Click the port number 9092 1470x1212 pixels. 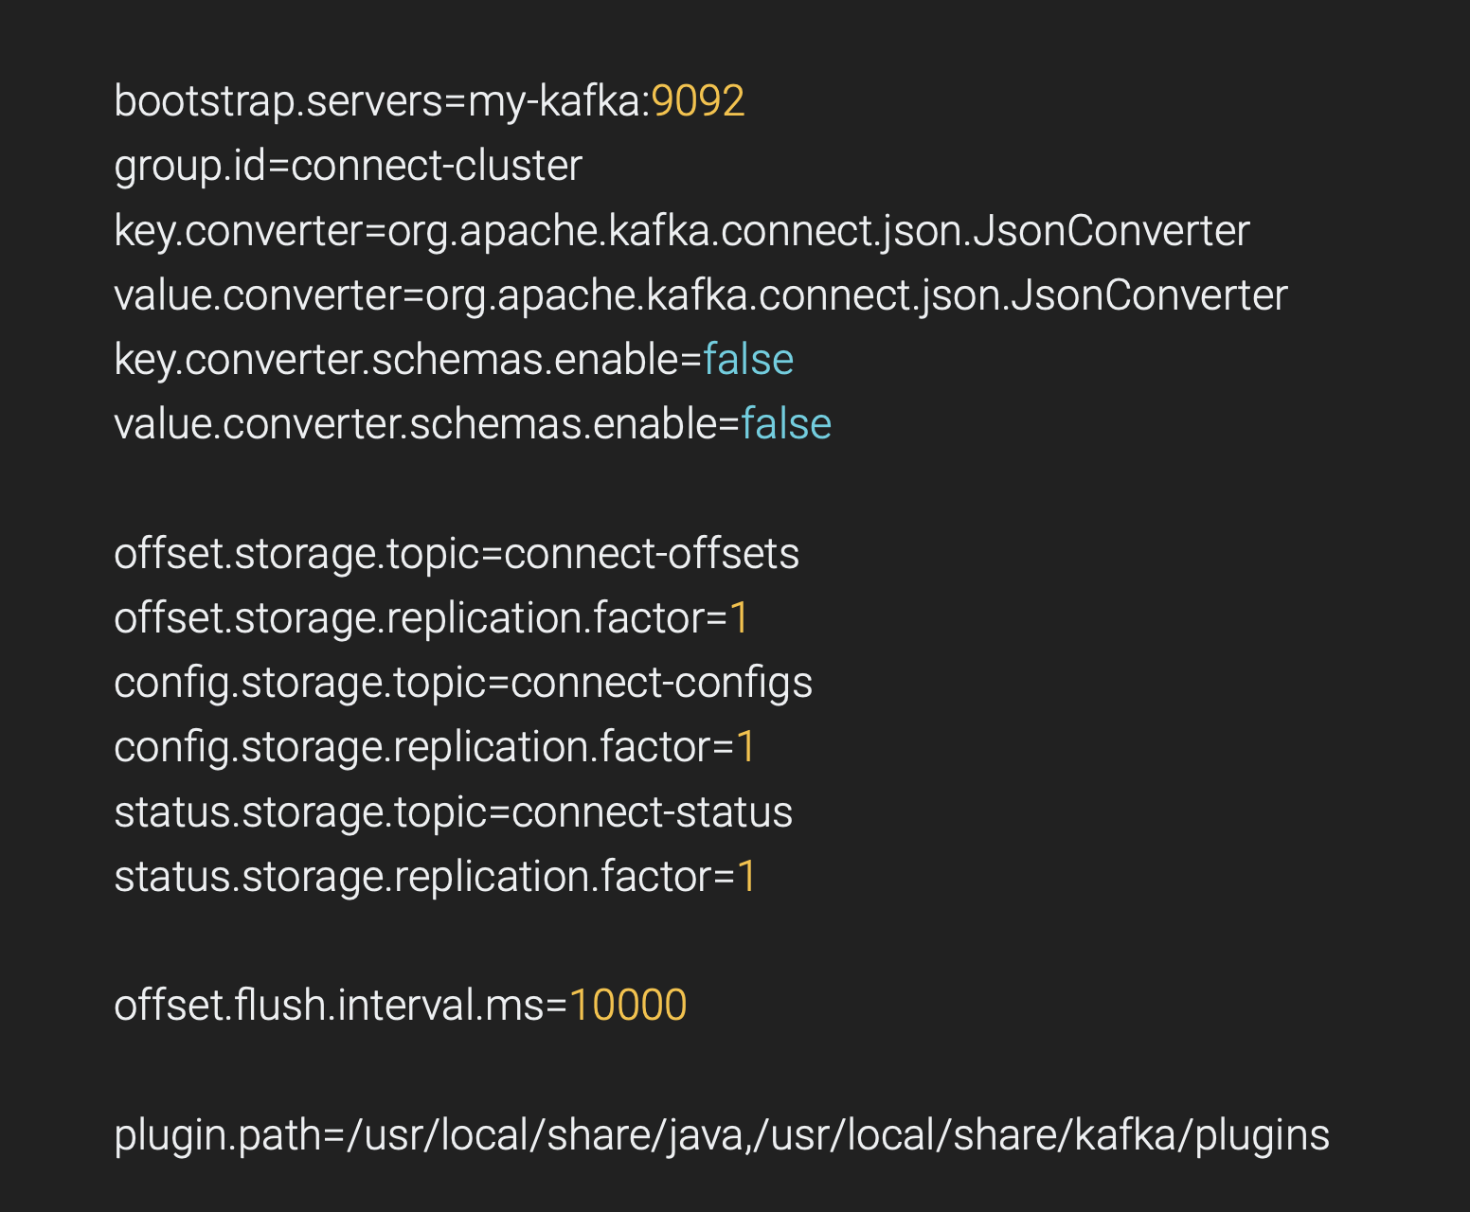pyautogui.click(x=698, y=101)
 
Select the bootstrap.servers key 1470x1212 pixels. pyautogui.click(x=277, y=101)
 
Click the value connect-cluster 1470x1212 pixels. pyautogui.click(x=436, y=166)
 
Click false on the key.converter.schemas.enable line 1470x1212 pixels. pyautogui.click(x=748, y=360)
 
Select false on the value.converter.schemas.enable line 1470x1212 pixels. pyautogui.click(x=786, y=424)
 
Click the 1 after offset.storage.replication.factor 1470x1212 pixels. pyautogui.click(x=739, y=618)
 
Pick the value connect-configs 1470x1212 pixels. pyautogui.click(x=661, y=683)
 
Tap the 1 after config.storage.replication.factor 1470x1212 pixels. pyautogui.click(x=746, y=747)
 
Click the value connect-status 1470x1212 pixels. pyautogui.click(x=652, y=812)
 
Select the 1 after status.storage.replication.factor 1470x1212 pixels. pyautogui.click(x=747, y=877)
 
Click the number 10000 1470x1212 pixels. pyautogui.click(x=628, y=1006)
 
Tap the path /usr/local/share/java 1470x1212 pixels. pyautogui.click(x=546, y=1135)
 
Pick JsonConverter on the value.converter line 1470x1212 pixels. pyautogui.click(x=1149, y=295)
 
